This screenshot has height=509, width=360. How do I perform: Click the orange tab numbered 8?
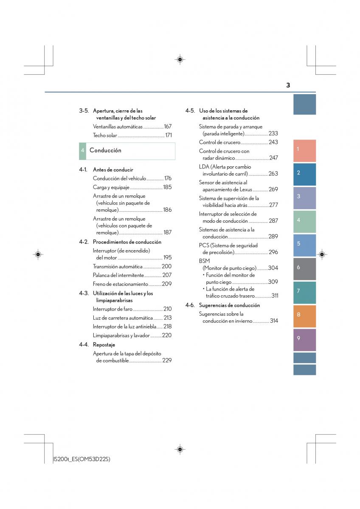304,316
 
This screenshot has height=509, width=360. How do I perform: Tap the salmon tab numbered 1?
304,151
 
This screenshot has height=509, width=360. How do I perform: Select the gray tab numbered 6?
304,269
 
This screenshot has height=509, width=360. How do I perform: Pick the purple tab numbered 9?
304,340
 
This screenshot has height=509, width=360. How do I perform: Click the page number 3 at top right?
288,85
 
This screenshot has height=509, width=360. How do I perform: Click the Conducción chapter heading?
105,150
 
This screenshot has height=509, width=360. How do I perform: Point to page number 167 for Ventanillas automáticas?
168,126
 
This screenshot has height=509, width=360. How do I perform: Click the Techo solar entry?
105,135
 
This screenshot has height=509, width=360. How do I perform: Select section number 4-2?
84,242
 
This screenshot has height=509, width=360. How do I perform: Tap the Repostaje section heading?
104,345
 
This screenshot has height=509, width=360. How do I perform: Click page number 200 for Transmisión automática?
166,266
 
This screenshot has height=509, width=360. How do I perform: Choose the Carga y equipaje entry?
111,187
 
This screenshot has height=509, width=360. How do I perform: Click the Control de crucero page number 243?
273,142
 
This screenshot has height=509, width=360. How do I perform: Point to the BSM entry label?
204,261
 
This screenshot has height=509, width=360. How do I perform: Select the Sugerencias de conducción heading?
229,305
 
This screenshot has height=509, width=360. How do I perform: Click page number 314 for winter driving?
274,321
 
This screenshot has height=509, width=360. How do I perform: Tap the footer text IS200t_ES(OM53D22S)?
82,459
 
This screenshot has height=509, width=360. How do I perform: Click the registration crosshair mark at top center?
180,59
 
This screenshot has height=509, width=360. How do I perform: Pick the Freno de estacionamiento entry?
120,284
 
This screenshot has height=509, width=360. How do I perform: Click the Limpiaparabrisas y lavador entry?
121,336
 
